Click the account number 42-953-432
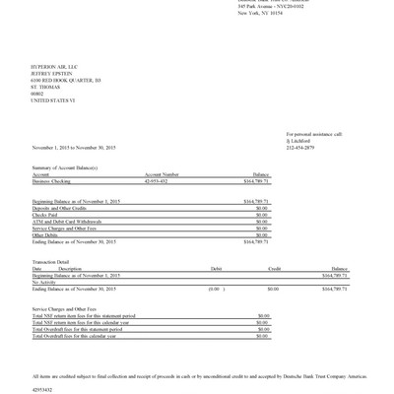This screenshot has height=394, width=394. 159,182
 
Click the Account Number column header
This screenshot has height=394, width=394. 162,175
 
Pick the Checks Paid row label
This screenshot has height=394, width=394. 45,213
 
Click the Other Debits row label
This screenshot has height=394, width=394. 45,234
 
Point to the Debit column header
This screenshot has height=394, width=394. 216,268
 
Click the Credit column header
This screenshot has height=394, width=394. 275,268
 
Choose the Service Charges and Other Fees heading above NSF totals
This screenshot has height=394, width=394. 65,308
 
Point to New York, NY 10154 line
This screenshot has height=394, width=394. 263,16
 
